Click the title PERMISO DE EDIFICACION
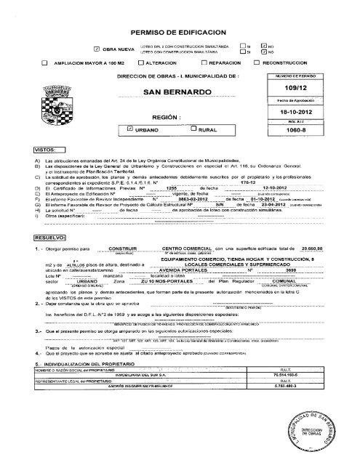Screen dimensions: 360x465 [x=182, y=33]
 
